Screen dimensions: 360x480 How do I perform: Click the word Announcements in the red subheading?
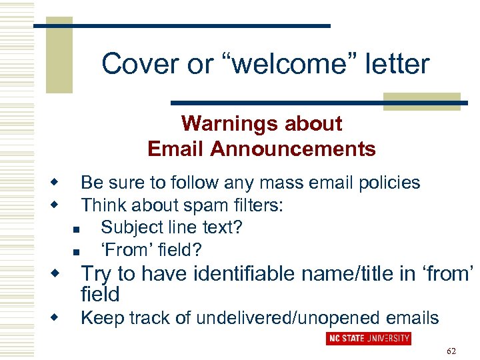pos(293,149)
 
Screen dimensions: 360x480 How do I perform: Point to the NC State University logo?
pos(369,338)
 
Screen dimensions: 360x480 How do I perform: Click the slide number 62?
pos(452,351)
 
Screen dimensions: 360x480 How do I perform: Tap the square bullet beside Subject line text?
pos(75,229)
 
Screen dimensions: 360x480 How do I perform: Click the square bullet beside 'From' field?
pos(75,252)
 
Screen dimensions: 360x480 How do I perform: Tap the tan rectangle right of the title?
pos(423,101)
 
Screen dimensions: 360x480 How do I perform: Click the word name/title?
pos(351,273)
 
